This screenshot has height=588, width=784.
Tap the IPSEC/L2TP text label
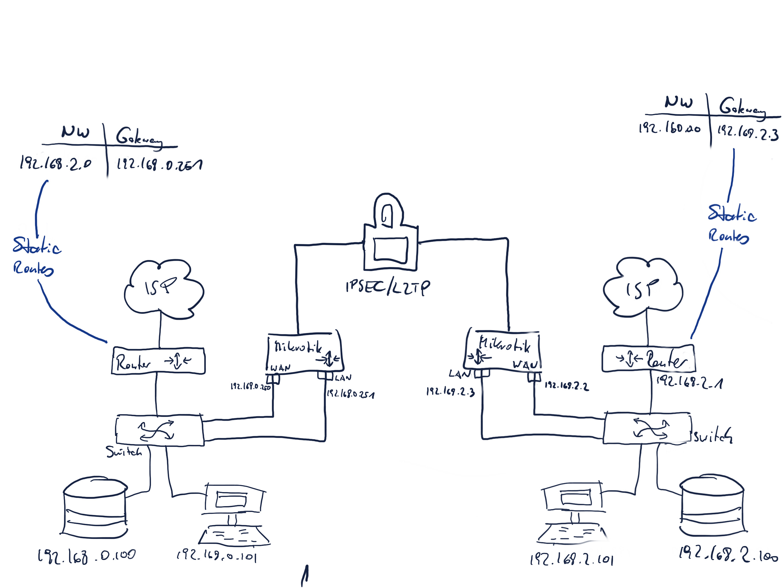[388, 287]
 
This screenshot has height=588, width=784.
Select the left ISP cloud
[163, 289]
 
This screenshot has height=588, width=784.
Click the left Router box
[158, 361]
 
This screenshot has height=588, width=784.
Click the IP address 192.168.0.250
[250, 386]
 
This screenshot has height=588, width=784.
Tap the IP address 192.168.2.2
[566, 386]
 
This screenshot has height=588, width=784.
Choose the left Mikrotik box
[304, 353]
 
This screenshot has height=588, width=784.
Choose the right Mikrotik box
[503, 351]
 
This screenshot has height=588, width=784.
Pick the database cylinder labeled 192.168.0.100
[95, 507]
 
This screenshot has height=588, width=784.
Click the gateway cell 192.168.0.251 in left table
[160, 164]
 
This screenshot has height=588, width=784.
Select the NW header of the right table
[678, 102]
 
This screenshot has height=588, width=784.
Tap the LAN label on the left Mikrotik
[343, 378]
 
